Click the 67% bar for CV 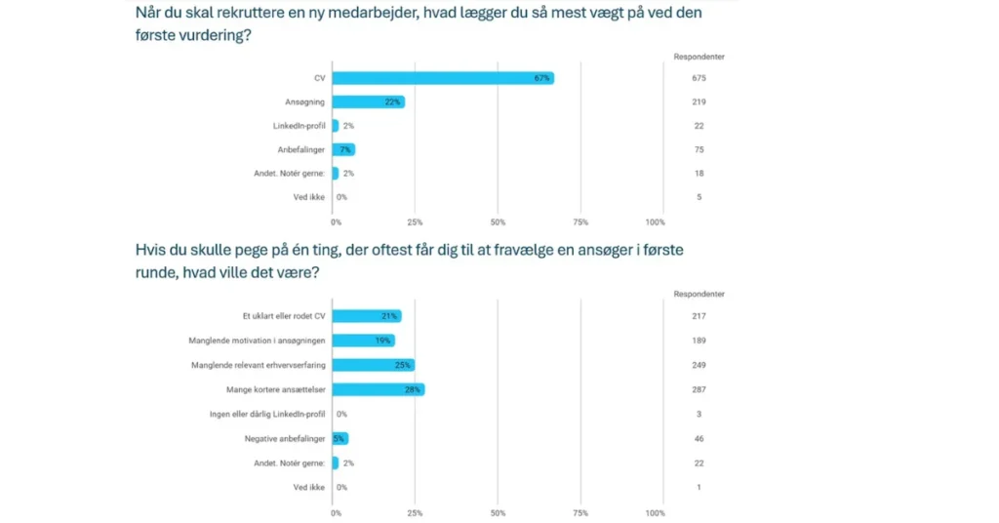tap(443, 78)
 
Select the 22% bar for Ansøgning tap(368, 101)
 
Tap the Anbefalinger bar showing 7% tap(343, 149)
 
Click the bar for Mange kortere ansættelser tap(379, 389)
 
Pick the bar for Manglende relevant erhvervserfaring tap(373, 365)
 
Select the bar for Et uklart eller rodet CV tap(367, 316)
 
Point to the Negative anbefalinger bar tap(340, 438)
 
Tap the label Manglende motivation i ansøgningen tap(257, 341)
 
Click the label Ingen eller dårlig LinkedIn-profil tap(267, 414)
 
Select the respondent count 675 tap(699, 78)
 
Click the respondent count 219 tap(699, 101)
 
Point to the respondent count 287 tap(699, 389)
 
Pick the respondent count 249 tap(699, 365)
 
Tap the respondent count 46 tap(699, 438)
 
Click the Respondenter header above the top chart tap(699, 57)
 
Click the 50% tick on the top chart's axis tap(498, 222)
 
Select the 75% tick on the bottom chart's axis tap(580, 512)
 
